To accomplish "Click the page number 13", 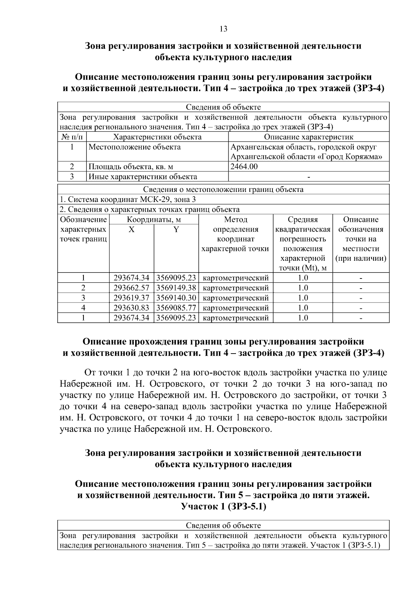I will click(223, 29).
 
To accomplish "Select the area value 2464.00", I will click(244, 167).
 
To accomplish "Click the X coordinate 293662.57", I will click(131, 288).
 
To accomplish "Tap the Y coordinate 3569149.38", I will click(176, 288).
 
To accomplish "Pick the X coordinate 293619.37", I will click(131, 298).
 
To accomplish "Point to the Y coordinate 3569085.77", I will click(176, 308).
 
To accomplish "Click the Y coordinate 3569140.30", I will click(176, 298).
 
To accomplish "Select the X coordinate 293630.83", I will click(131, 308).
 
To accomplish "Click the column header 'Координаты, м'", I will click(154, 220).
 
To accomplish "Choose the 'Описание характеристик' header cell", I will click(308, 137).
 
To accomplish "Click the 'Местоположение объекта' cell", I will click(134, 147).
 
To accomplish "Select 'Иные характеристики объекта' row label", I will click(142, 177).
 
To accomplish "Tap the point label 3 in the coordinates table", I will click(83, 298).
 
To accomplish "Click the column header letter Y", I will click(176, 229).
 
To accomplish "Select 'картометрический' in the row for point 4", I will click(235, 308).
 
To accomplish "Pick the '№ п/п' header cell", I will click(72, 137).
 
